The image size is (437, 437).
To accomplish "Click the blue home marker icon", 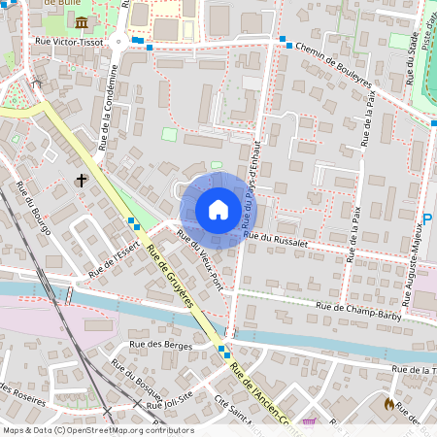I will click(218, 210).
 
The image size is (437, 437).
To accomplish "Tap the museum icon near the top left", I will click(81, 21).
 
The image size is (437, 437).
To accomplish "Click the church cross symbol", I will click(82, 180).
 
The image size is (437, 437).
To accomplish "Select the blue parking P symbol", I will click(427, 221).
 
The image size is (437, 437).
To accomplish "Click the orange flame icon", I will click(389, 403).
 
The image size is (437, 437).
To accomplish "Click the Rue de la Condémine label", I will click(110, 107).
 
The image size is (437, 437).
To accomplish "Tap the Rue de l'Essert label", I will click(114, 258).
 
